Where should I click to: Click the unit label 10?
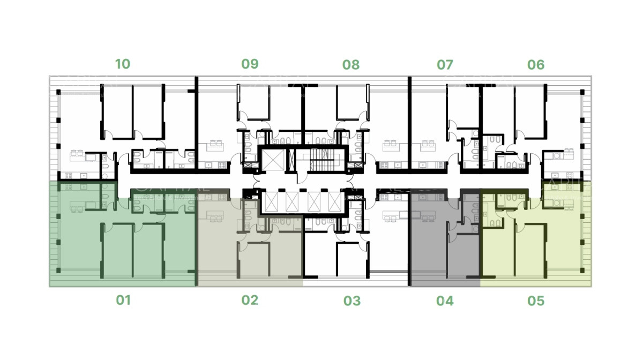(x=123, y=64)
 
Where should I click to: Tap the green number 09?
(x=250, y=64)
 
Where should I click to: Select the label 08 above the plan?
(x=351, y=65)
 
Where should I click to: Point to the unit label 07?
(x=445, y=65)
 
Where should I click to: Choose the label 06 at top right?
(x=536, y=65)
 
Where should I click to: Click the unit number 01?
(x=123, y=300)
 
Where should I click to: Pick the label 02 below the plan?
(x=250, y=300)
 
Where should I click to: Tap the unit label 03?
(x=352, y=301)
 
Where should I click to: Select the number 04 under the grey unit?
(x=445, y=301)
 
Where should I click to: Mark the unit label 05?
(x=536, y=301)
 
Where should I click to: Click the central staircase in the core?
(x=323, y=159)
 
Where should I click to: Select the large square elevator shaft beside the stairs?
(x=273, y=159)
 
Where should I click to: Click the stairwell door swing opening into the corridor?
(x=302, y=178)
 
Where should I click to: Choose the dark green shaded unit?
(x=123, y=241)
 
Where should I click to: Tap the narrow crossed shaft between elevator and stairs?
(x=292, y=160)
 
